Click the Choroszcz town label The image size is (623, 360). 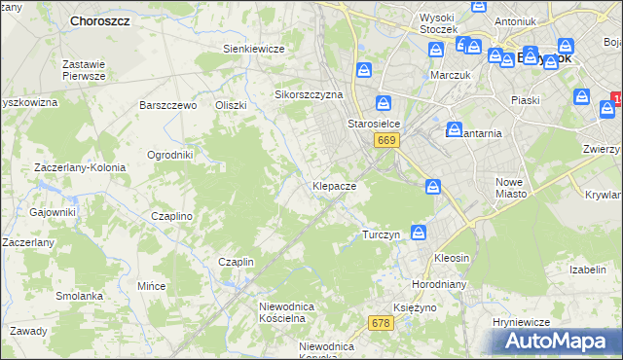[100, 19]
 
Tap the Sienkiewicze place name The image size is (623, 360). [253, 49]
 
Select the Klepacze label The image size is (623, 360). [334, 185]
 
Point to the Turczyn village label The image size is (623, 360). [382, 235]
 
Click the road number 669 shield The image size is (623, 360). [386, 141]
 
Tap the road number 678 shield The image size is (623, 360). [381, 322]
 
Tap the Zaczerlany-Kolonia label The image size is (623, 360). [80, 167]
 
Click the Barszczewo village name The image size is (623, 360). [168, 105]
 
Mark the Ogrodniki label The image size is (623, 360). [169, 155]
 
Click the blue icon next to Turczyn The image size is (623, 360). [418, 233]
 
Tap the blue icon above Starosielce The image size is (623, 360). [385, 102]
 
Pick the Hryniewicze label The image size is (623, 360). [522, 322]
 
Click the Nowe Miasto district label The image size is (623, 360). [510, 188]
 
